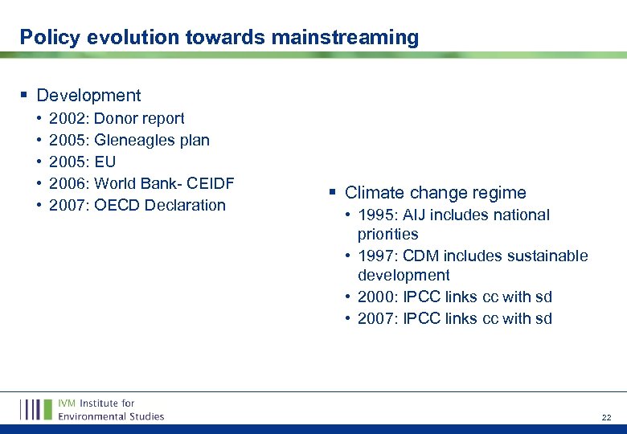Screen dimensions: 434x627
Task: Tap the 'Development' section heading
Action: [88, 96]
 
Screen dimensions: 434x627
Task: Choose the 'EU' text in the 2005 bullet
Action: [105, 162]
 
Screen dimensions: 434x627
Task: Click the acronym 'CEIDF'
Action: [209, 183]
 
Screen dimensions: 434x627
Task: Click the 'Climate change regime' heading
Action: [435, 193]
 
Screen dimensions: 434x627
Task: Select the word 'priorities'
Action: [387, 235]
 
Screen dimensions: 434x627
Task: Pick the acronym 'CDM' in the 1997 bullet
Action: [420, 256]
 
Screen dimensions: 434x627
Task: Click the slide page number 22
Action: [606, 418]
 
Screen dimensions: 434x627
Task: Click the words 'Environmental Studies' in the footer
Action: [111, 416]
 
